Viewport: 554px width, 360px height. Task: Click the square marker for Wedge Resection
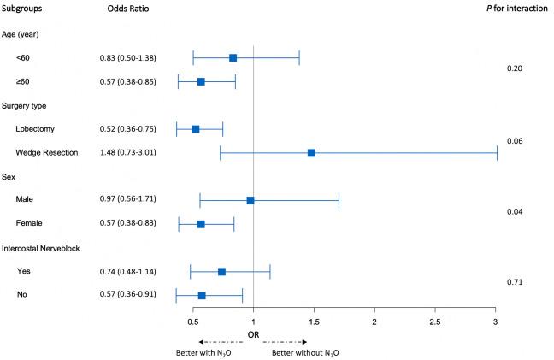[x=311, y=153]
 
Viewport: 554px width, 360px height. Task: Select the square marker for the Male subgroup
[x=250, y=200]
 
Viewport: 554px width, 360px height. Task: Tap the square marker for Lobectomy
[x=196, y=129]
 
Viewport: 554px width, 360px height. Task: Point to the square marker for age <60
[x=233, y=58]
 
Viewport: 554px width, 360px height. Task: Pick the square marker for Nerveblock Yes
[x=222, y=271]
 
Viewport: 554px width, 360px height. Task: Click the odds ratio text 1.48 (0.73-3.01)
[x=129, y=153]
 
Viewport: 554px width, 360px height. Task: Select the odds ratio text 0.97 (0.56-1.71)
[x=129, y=200]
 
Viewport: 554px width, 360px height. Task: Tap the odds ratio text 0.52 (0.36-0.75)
[x=129, y=129]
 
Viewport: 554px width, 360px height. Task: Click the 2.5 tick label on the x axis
[x=435, y=321]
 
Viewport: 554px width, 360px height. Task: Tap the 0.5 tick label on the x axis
[x=193, y=321]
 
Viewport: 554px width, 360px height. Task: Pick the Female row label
[x=29, y=224]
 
